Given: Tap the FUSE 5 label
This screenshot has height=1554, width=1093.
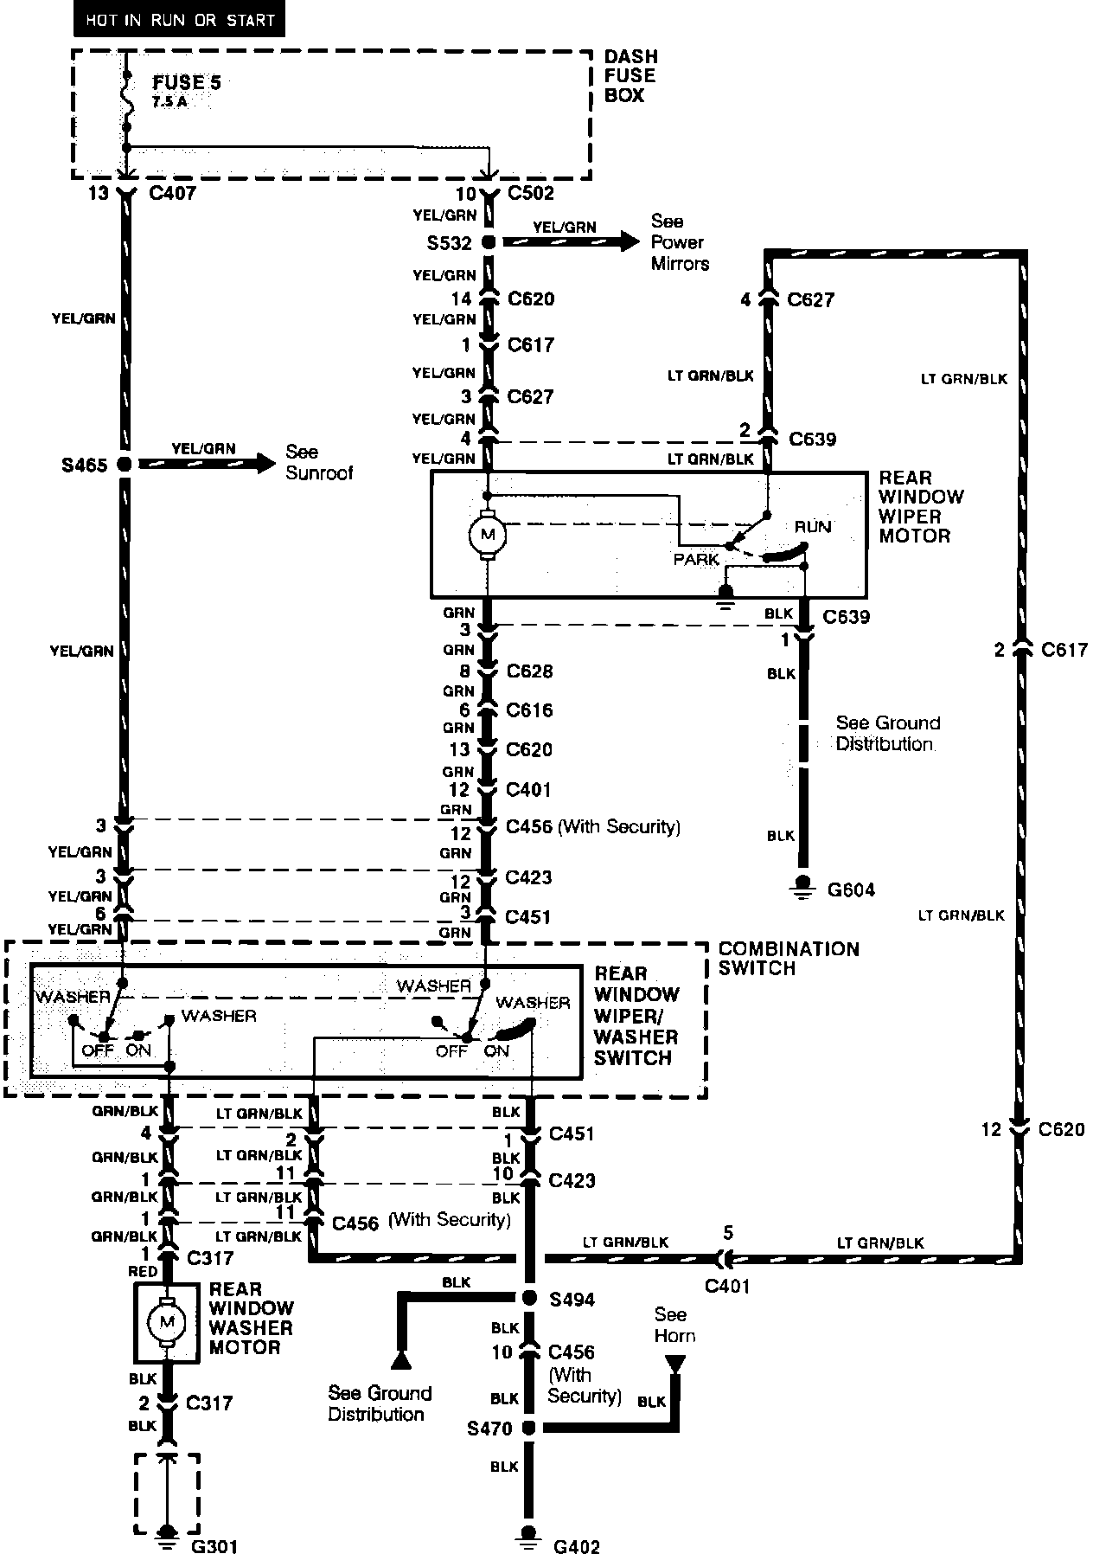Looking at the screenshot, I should click(187, 84).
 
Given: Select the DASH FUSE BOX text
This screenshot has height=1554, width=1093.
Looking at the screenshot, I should click(630, 76).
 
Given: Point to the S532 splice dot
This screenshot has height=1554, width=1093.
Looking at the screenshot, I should click(489, 243).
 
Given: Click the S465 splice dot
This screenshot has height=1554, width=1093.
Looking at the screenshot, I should click(125, 465).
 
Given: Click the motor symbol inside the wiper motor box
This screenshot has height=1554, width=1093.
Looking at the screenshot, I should click(487, 535).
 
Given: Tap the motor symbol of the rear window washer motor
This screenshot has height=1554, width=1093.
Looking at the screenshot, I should click(167, 1321).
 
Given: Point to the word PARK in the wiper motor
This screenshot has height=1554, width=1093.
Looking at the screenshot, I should click(696, 560).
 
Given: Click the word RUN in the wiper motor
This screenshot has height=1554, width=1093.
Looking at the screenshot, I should click(812, 526).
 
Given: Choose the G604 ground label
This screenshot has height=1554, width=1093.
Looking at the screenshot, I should click(851, 889).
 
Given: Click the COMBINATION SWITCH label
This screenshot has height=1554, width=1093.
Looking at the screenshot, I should click(788, 958).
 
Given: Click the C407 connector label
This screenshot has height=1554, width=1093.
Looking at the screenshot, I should click(172, 193).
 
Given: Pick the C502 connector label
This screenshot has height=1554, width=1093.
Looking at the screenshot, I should click(530, 193).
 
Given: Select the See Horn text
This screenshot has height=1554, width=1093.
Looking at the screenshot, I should click(673, 1325).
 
